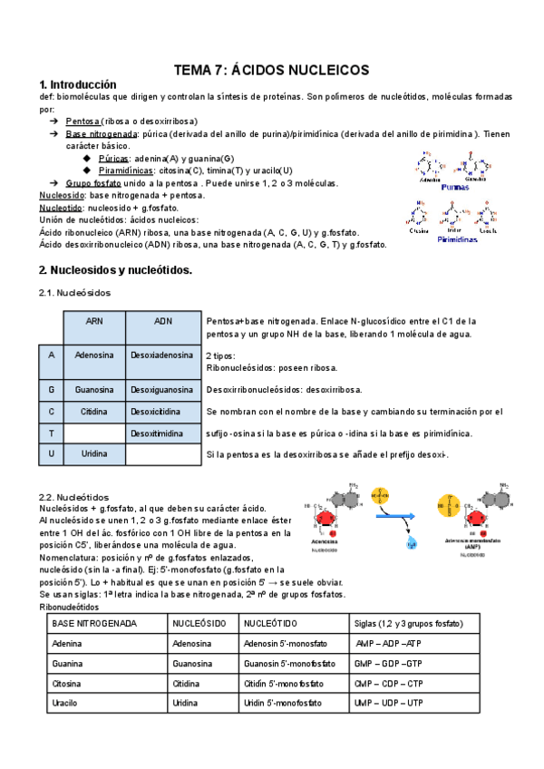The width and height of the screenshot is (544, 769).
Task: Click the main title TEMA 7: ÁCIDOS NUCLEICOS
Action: [x=271, y=70]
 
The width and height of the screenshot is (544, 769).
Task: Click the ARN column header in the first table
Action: [x=94, y=321]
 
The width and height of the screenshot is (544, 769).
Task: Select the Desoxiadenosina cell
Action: [x=162, y=355]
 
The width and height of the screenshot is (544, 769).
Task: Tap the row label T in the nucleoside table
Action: [x=51, y=433]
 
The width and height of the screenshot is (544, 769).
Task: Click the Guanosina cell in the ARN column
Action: [x=94, y=389]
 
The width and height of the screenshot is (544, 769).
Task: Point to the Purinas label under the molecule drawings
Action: [x=460, y=188]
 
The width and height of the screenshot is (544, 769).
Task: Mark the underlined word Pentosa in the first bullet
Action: [x=83, y=121]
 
